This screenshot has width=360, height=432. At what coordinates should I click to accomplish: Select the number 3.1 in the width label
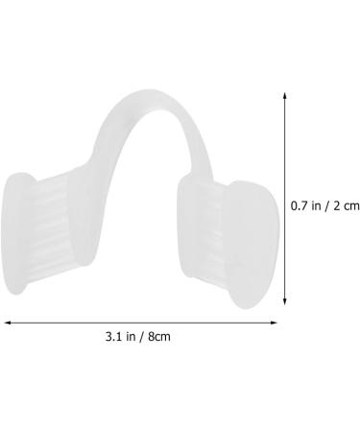[115, 337]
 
